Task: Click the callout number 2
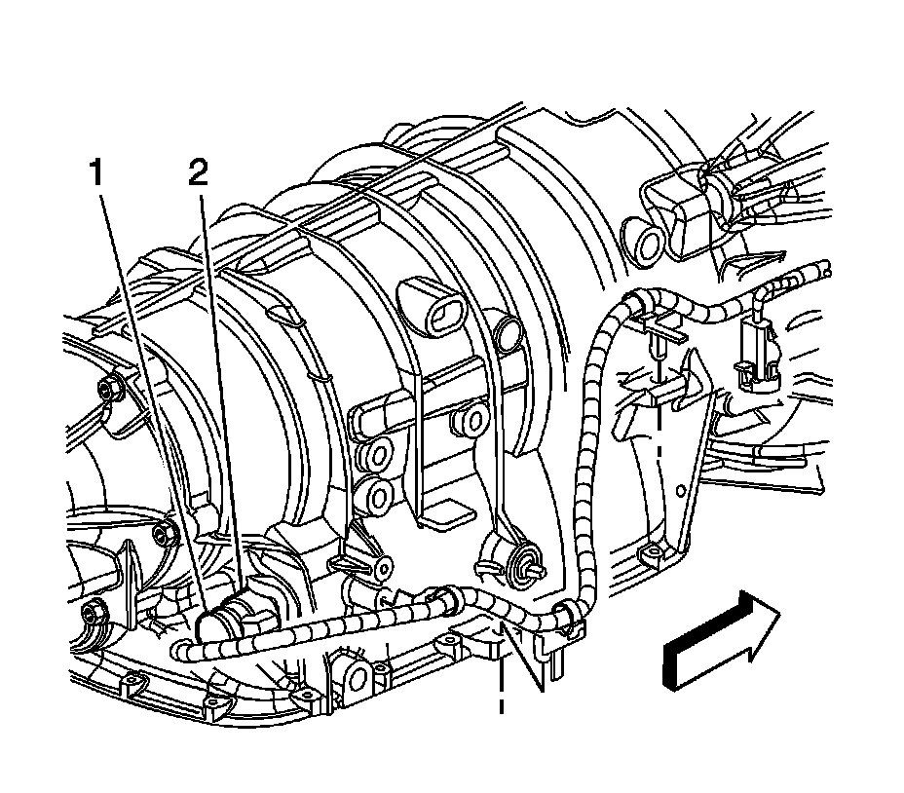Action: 198,174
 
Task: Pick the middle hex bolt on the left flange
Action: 163,533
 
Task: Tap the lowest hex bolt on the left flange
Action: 94,616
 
